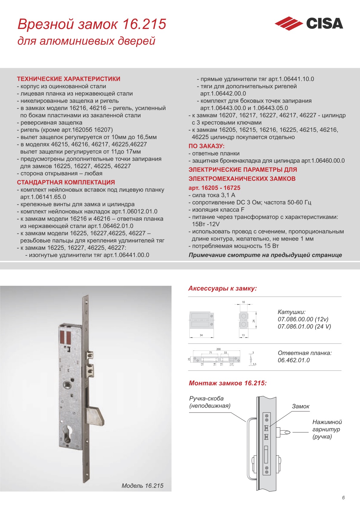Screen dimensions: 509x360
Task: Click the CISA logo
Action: [309, 24]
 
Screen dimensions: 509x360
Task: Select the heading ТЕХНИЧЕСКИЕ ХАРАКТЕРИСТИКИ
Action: [69, 79]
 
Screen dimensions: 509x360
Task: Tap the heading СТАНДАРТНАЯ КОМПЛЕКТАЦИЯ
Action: [66, 182]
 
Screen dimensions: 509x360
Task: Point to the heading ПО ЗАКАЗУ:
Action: [207, 146]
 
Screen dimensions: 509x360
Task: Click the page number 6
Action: [343, 498]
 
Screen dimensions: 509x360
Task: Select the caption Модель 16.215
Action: [142, 486]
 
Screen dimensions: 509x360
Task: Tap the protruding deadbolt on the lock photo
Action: [96, 416]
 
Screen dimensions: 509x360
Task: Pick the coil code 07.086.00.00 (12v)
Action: [303, 319]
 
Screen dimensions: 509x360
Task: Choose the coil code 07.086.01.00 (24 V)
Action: [304, 327]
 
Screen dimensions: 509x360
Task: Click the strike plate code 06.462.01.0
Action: [294, 360]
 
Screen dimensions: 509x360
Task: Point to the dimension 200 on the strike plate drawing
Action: [218, 349]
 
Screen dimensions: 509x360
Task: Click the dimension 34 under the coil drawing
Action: [201, 335]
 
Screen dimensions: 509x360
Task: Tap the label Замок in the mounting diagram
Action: [300, 406]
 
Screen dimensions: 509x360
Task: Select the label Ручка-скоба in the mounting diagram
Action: [206, 399]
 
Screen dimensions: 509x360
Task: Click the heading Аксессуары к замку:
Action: [222, 289]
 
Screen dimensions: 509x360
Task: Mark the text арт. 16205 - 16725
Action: [214, 188]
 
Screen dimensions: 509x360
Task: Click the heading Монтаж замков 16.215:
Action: [227, 383]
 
